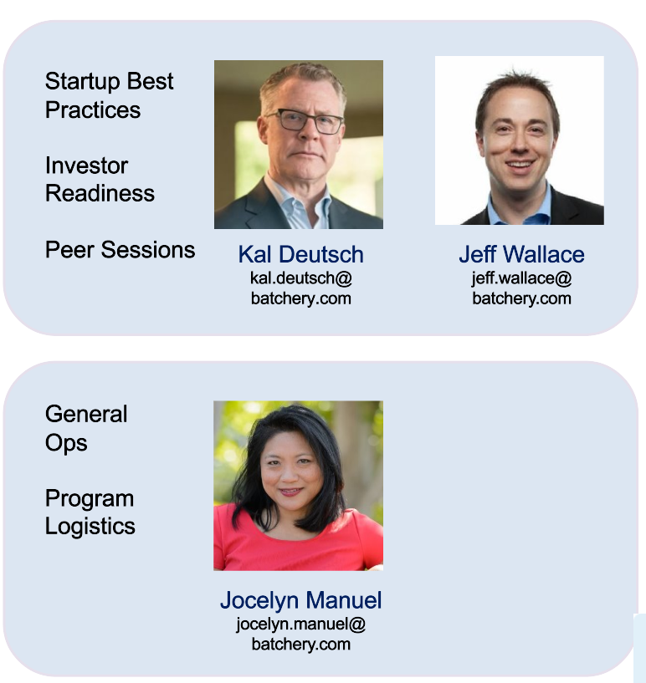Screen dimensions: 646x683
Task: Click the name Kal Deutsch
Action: [x=300, y=254]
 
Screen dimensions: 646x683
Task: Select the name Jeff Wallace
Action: [x=521, y=254]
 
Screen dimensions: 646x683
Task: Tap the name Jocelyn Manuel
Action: [x=300, y=600]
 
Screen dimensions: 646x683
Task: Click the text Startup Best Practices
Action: [x=109, y=95]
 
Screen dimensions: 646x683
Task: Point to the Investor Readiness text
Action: [x=100, y=179]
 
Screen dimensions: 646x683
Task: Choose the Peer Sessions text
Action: [x=120, y=250]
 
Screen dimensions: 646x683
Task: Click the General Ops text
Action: [x=86, y=428]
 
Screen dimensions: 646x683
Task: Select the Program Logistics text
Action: [x=90, y=512]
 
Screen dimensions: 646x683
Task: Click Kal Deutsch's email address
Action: [x=300, y=288]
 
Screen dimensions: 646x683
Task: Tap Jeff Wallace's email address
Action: [x=521, y=288]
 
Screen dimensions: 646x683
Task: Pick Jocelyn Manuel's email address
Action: [x=300, y=635]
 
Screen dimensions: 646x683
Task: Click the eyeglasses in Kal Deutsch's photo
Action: [x=305, y=121]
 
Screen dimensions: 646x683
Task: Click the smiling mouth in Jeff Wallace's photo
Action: [x=519, y=166]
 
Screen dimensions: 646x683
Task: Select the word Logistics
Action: [x=90, y=527]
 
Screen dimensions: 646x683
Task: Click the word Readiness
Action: [x=100, y=193]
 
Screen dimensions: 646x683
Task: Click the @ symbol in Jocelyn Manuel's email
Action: [x=357, y=624]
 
